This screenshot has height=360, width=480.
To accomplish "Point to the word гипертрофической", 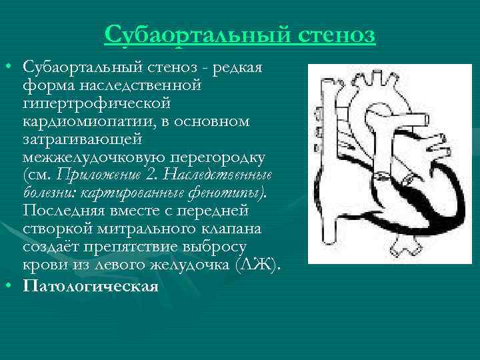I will pyautogui.click(x=97, y=104).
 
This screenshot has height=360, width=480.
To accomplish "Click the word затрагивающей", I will pyautogui.click(x=81, y=140).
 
